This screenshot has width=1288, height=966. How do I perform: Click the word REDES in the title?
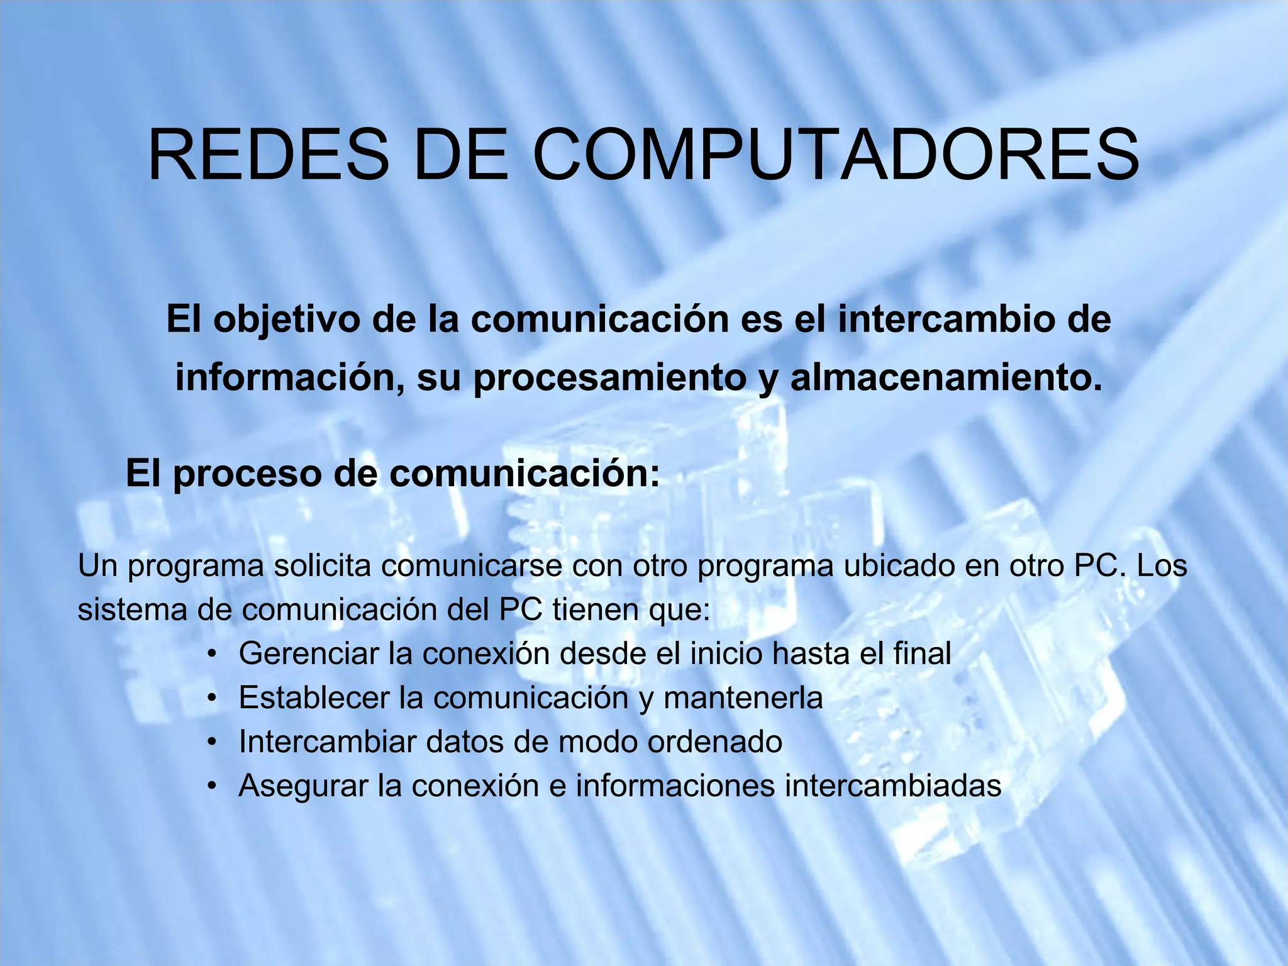point(269,155)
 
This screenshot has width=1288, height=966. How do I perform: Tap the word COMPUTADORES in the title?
point(836,155)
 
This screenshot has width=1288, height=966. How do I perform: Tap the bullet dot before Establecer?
point(214,698)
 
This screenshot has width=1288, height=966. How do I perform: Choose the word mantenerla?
point(743,698)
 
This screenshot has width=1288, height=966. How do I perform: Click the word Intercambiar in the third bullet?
point(327,742)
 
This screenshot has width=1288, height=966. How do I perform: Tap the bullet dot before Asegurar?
point(214,786)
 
